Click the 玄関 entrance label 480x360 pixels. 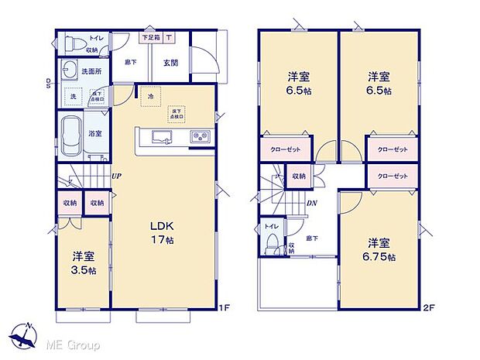coord(171,63)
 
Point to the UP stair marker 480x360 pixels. coord(115,177)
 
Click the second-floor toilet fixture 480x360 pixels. coord(268,242)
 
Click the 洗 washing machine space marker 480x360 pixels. coord(73,97)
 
